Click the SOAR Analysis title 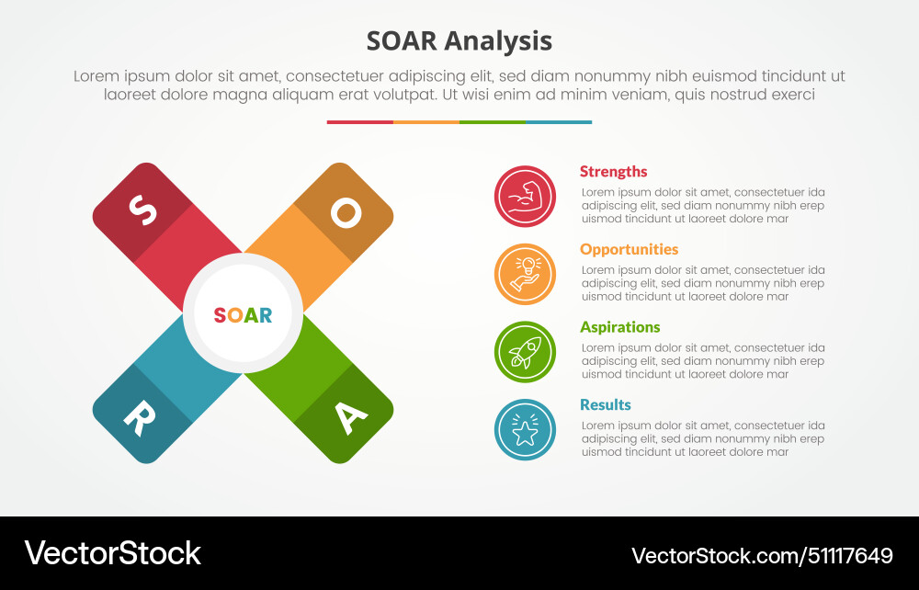pyautogui.click(x=459, y=41)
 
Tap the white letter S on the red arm pyautogui.click(x=142, y=212)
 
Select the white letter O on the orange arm pyautogui.click(x=346, y=212)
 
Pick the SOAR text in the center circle pyautogui.click(x=243, y=315)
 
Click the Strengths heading pyautogui.click(x=613, y=172)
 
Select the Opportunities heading pyautogui.click(x=629, y=249)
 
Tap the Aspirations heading pyautogui.click(x=619, y=327)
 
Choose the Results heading pyautogui.click(x=605, y=404)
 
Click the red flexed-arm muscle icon pyautogui.click(x=525, y=197)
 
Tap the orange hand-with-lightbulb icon pyautogui.click(x=525, y=274)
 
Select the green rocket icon pyautogui.click(x=525, y=352)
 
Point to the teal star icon pyautogui.click(x=525, y=430)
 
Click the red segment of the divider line pyautogui.click(x=359, y=122)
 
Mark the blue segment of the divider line pyautogui.click(x=558, y=122)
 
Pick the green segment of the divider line pyautogui.click(x=492, y=122)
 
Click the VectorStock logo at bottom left pyautogui.click(x=112, y=553)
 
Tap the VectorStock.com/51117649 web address pyautogui.click(x=762, y=555)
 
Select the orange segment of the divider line pyautogui.click(x=425, y=122)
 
